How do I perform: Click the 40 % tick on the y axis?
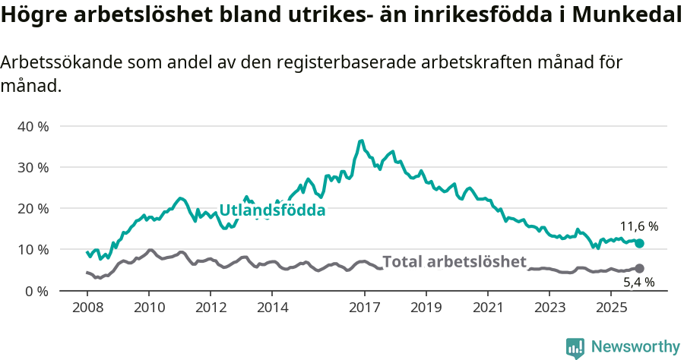(33, 126)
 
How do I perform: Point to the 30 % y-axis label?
(33, 167)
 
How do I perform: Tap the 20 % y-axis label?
(33, 208)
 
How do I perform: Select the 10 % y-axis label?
(33, 250)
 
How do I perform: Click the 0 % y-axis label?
(36, 291)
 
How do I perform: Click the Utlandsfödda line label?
(272, 210)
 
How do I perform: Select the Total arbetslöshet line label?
(454, 262)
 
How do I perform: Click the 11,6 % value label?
(638, 226)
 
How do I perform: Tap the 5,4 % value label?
(638, 283)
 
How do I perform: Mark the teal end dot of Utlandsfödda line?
(639, 243)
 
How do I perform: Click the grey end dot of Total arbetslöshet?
(639, 268)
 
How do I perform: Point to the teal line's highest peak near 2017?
(361, 141)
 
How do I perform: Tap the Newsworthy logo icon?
(575, 347)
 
